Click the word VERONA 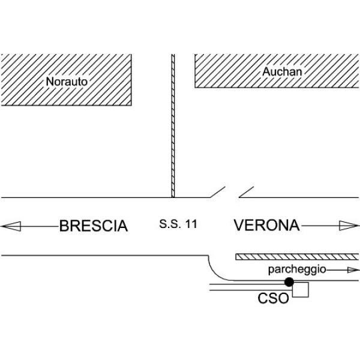[x=266, y=226]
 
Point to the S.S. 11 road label [x=178, y=225]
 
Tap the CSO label [x=274, y=298]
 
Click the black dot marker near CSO [x=289, y=281]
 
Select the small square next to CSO [x=300, y=290]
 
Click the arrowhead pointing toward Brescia [x=10, y=226]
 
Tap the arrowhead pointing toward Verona [x=348, y=226]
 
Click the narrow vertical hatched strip [x=173, y=126]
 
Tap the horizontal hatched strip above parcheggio [x=297, y=257]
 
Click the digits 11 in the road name [x=191, y=225]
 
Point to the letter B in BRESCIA [x=64, y=226]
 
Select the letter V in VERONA [x=239, y=226]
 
